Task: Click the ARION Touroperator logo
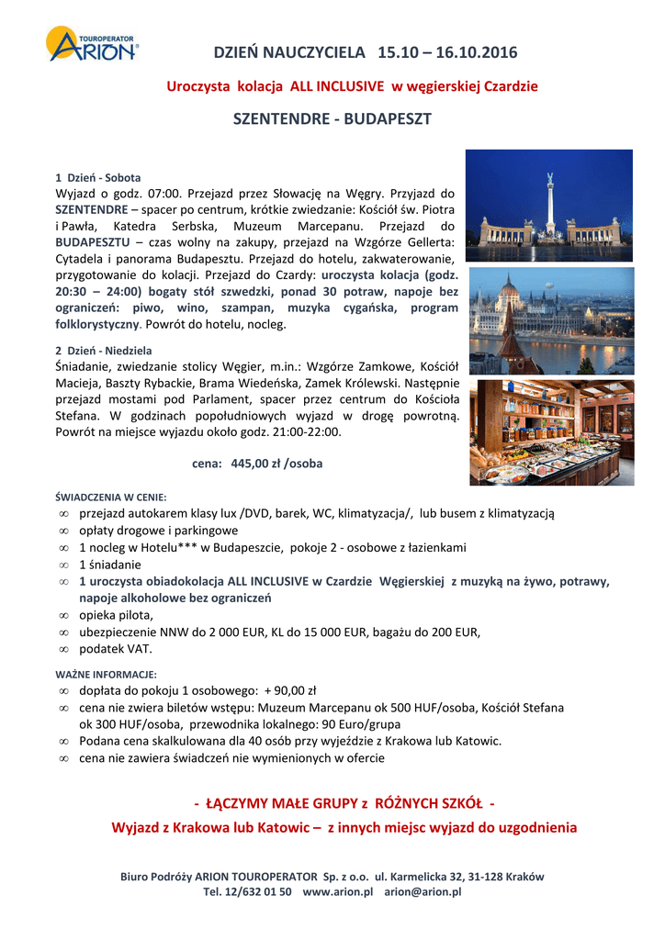[x=93, y=45]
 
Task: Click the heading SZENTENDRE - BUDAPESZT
[x=332, y=119]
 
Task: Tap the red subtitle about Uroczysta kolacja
[x=352, y=86]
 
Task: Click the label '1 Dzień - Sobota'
[x=98, y=177]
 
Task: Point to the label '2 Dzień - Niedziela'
[x=104, y=351]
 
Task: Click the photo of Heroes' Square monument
[x=548, y=206]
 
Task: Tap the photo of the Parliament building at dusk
[x=550, y=320]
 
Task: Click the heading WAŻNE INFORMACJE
[x=106, y=674]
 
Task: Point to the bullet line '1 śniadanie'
[x=110, y=565]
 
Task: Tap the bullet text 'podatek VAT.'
[x=117, y=649]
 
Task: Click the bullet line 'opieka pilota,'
[x=117, y=615]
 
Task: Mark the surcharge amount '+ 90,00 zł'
[x=289, y=690]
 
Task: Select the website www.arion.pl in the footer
[x=337, y=891]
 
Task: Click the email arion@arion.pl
[x=423, y=891]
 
